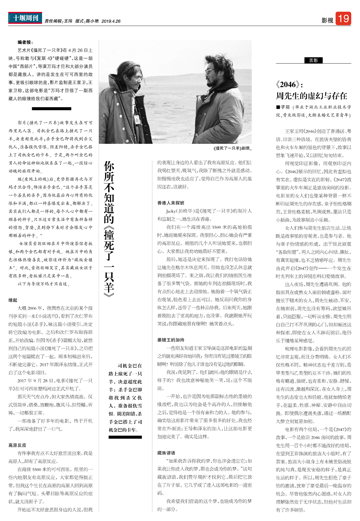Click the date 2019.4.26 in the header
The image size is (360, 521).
coord(111,21)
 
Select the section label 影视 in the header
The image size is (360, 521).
coord(327,20)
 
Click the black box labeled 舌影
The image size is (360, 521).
coord(313,60)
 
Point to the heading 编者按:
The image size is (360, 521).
coord(25,42)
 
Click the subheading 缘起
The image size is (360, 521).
coord(13,300)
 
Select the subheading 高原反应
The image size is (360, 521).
coord(17,445)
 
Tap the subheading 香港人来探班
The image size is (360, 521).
coord(171,203)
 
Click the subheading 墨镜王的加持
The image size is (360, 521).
coord(171,340)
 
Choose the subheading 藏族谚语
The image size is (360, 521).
coord(166,453)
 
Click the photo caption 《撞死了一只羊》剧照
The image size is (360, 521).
coord(232,148)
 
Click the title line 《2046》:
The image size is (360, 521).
coord(289,85)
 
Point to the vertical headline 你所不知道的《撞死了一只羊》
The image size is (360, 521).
coord(109,228)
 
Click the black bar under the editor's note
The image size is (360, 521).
coord(52,109)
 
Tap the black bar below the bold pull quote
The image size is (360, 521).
coord(125,437)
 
